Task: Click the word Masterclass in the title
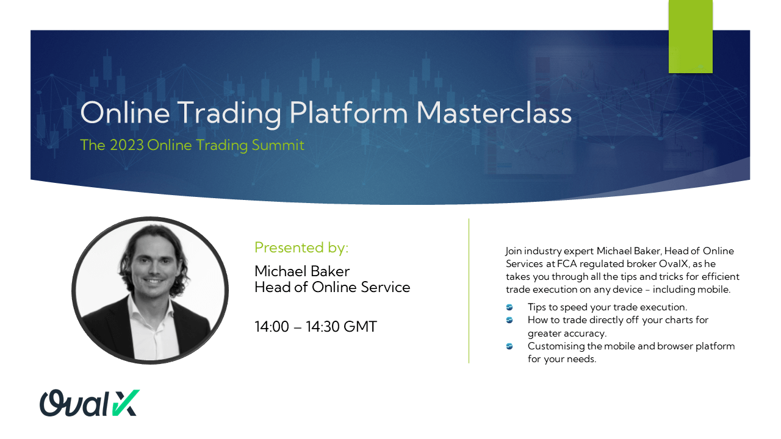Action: click(x=494, y=113)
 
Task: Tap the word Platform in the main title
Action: click(x=348, y=113)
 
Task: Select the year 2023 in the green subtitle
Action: click(x=126, y=145)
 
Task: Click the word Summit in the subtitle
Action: click(x=278, y=145)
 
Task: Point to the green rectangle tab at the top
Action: click(x=690, y=37)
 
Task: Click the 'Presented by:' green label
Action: click(x=301, y=248)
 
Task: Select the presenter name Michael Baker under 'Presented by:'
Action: click(x=302, y=271)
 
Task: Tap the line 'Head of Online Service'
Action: click(x=333, y=287)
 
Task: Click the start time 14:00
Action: click(x=272, y=326)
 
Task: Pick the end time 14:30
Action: click(x=323, y=326)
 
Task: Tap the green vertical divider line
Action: click(x=469, y=291)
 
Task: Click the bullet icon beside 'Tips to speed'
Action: click(x=509, y=307)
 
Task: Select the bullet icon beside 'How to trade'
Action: click(x=509, y=320)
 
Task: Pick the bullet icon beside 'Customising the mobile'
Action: click(x=509, y=346)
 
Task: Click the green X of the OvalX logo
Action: click(x=126, y=403)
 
